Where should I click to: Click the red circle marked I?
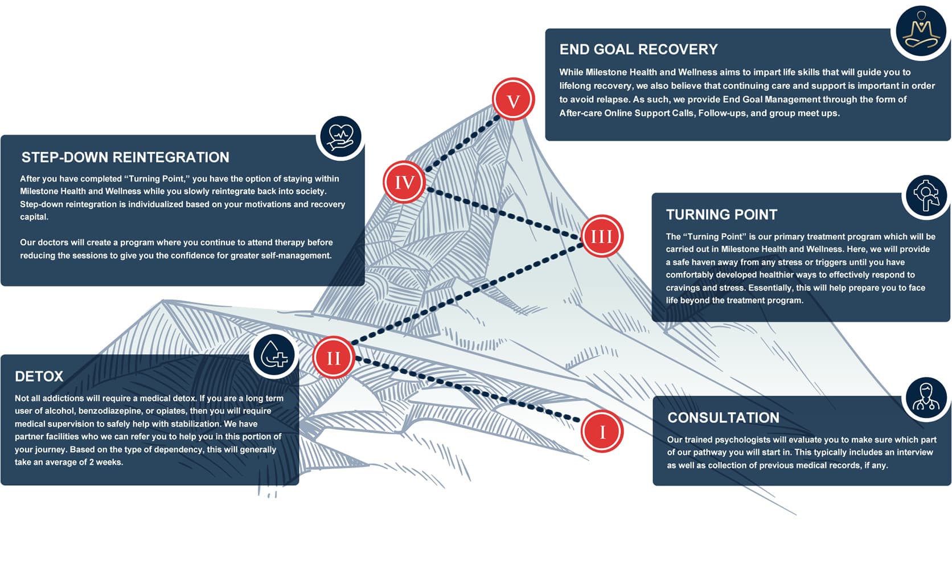pos(602,431)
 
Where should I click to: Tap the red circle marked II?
pos(334,358)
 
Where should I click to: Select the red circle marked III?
pos(602,236)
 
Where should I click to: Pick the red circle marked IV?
pos(404,182)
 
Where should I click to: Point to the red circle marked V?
pos(513,100)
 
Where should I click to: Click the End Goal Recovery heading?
pos(638,50)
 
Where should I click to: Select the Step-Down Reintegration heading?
pos(125,157)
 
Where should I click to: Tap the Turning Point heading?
pos(721,215)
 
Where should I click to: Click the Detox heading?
pos(39,376)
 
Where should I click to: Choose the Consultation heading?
pos(723,417)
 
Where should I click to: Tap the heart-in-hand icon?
pos(340,137)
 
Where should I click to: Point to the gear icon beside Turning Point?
pos(926,195)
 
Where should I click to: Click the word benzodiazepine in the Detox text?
pos(109,411)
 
